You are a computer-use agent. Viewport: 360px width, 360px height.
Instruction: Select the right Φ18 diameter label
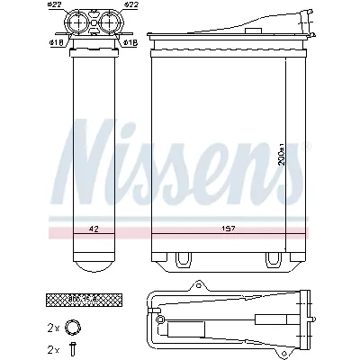[x=129, y=41]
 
